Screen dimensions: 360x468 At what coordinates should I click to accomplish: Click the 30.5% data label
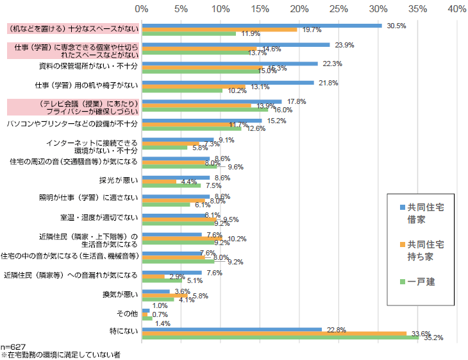[x=397, y=25]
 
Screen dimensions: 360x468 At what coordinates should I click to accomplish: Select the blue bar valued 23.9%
[x=236, y=45]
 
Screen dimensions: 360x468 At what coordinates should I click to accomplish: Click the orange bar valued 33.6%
[x=274, y=334]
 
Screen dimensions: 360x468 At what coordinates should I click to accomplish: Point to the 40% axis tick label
[x=457, y=10]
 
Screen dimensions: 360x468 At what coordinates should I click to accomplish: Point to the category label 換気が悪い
[x=121, y=294]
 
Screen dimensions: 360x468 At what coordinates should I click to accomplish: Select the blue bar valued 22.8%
[x=232, y=329]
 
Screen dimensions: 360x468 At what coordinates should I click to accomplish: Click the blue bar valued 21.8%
[x=228, y=82]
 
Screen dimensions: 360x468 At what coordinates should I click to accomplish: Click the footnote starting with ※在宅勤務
[x=61, y=354]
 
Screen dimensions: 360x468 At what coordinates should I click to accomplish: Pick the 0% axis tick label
[x=142, y=10]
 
